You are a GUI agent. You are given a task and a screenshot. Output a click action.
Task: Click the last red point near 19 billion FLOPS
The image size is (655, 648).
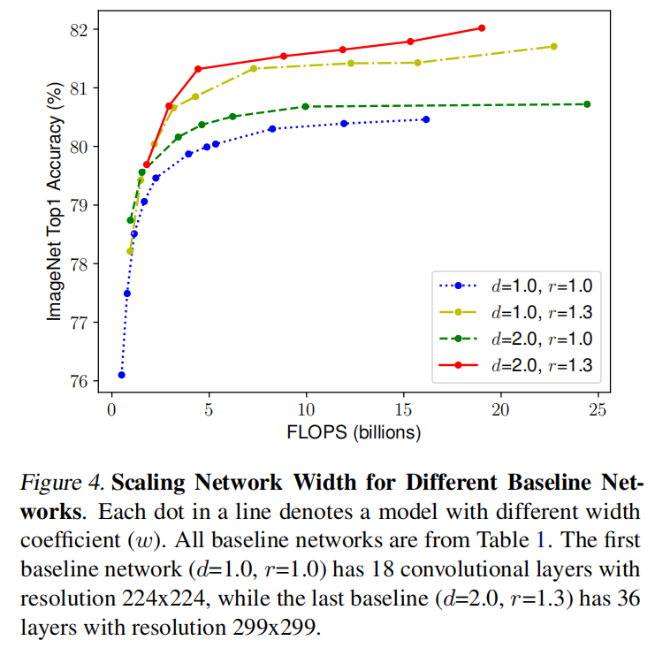pyautogui.click(x=482, y=28)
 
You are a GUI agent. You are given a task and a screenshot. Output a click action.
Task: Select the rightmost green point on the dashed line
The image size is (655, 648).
pyautogui.click(x=587, y=104)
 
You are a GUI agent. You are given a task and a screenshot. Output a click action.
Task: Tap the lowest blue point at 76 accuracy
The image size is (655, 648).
pyautogui.click(x=121, y=375)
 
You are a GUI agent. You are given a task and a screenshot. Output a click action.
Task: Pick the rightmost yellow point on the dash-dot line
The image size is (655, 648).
pyautogui.click(x=554, y=46)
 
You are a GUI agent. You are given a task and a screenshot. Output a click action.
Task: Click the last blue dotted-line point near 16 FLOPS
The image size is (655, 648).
pyautogui.click(x=426, y=119)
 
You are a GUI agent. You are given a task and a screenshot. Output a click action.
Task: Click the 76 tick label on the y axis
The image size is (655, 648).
pyautogui.click(x=80, y=381)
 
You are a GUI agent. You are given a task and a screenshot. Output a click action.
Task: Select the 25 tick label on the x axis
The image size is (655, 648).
pyautogui.click(x=598, y=410)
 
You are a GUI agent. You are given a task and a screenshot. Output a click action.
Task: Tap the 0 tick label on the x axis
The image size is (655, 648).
pyautogui.click(x=111, y=410)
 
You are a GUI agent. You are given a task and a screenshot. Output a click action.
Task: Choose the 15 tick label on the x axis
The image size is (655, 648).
pyautogui.click(x=403, y=410)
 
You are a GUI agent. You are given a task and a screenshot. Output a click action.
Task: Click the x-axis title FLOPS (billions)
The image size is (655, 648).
pyautogui.click(x=354, y=433)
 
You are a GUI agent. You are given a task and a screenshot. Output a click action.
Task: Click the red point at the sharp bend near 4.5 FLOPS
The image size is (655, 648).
pyautogui.click(x=198, y=69)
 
